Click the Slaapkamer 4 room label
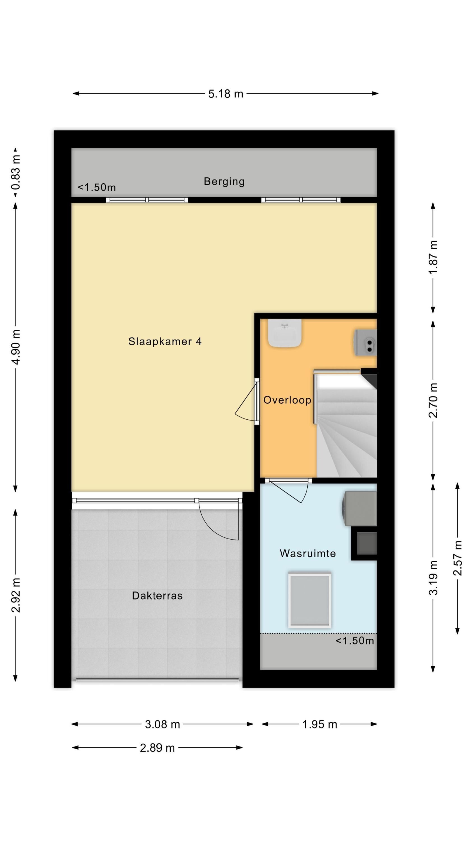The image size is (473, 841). [x=165, y=341]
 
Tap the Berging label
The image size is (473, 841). [x=224, y=182]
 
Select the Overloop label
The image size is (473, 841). [x=287, y=400]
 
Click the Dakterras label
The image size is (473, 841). [x=157, y=595]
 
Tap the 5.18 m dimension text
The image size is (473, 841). [x=226, y=94]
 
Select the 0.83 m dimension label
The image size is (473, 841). [x=16, y=172]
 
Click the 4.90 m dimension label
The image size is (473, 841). [x=16, y=347]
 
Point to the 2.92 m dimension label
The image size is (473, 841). [x=16, y=595]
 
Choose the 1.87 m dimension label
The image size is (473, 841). [x=433, y=258]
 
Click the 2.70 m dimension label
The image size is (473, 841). [x=433, y=400]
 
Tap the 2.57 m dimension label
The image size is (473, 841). [x=457, y=558]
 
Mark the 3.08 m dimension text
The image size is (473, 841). [x=163, y=724]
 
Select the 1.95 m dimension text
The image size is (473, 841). [x=319, y=724]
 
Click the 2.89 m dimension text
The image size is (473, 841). [x=157, y=748]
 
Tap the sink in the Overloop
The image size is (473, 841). [x=285, y=333]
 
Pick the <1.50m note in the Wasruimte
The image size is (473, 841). [x=355, y=641]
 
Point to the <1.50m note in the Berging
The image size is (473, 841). [x=97, y=187]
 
